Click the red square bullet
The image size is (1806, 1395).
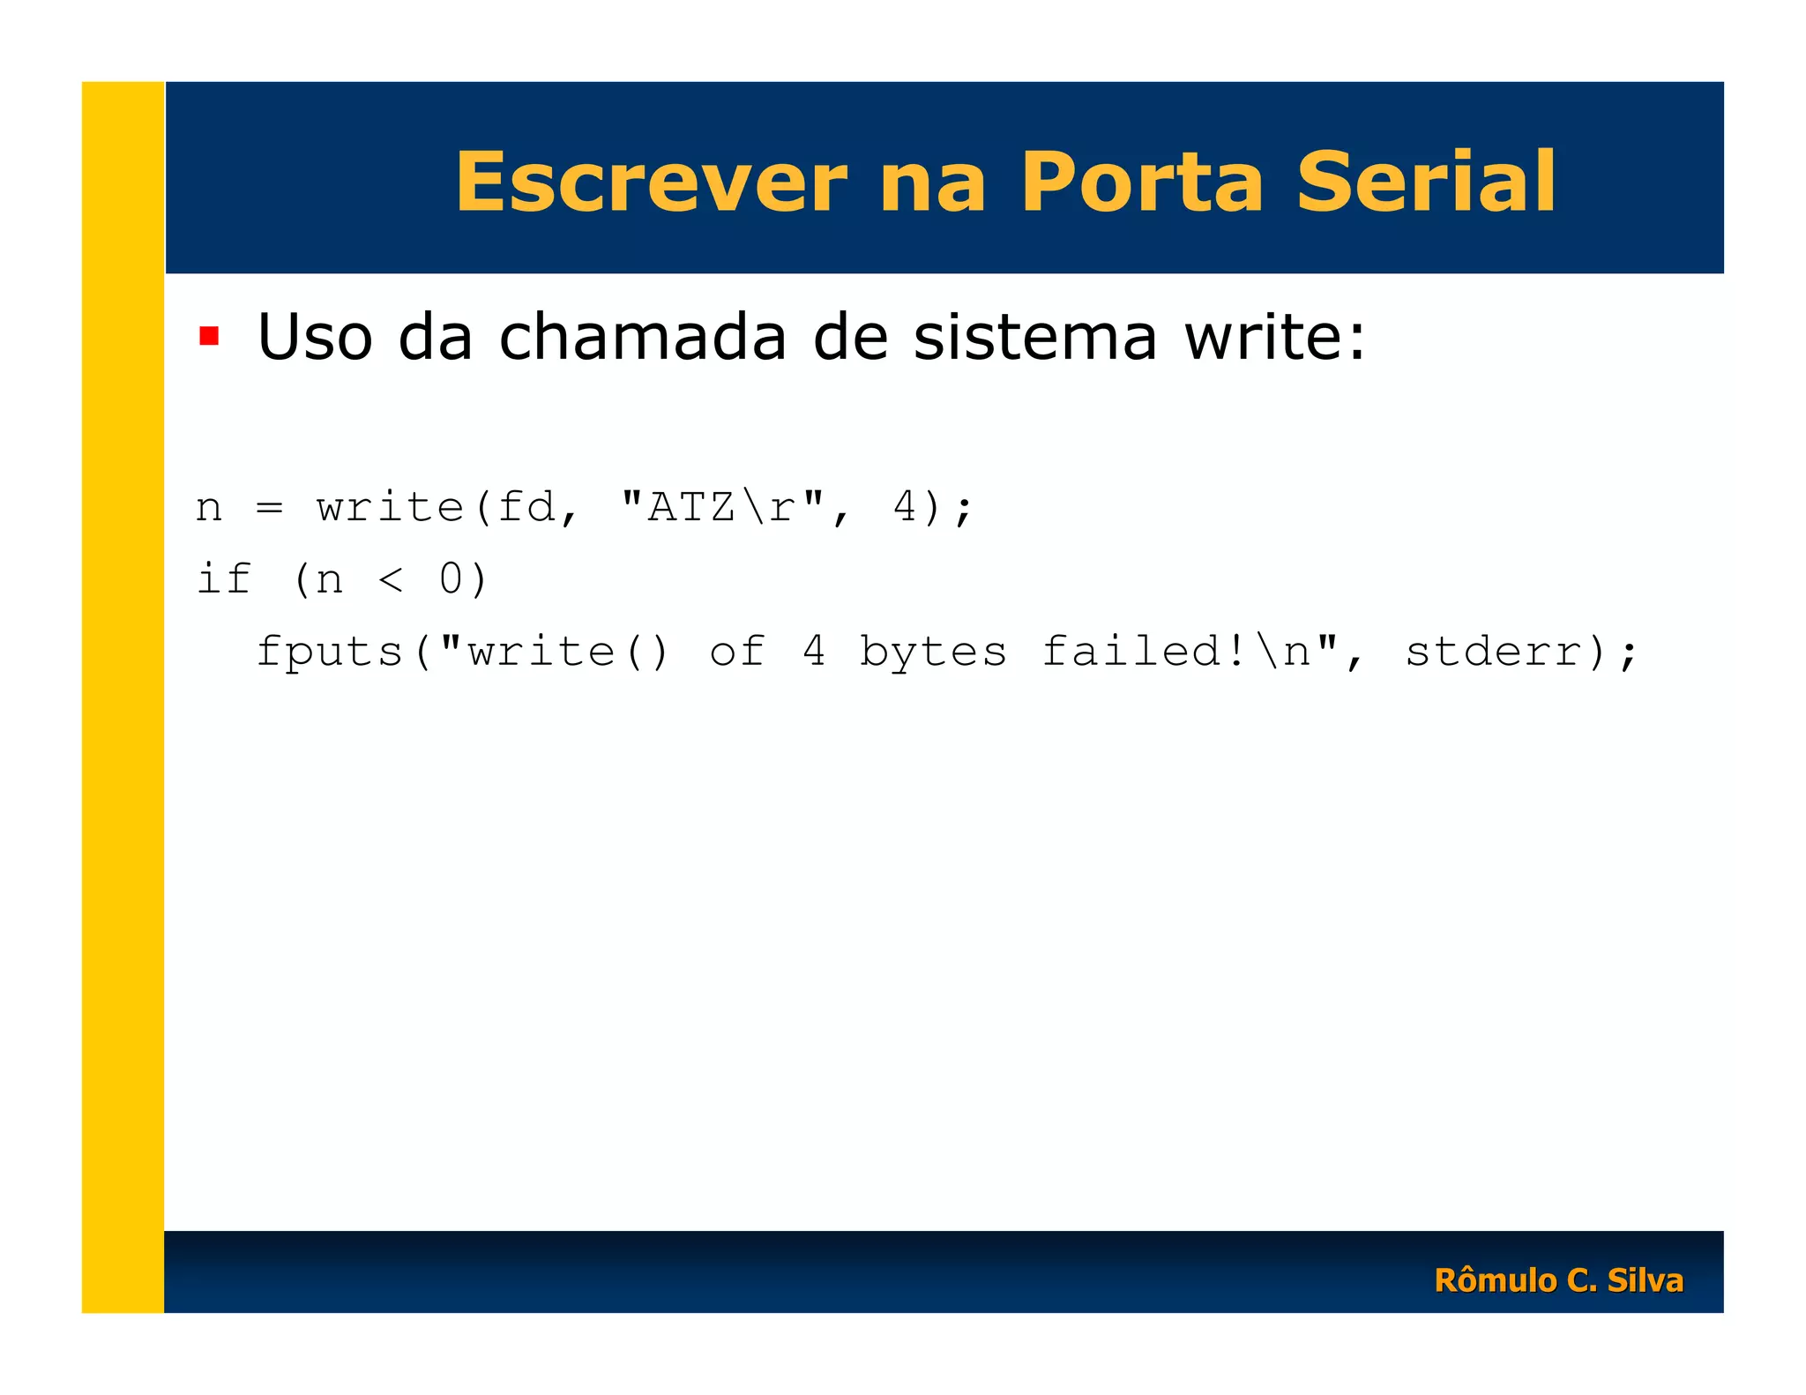(x=209, y=336)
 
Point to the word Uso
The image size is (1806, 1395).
(x=315, y=338)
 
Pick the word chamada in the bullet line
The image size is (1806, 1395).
(x=642, y=338)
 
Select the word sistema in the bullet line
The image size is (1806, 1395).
(x=1034, y=338)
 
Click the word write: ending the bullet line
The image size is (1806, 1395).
(x=1275, y=338)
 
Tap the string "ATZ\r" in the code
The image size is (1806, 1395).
(x=722, y=507)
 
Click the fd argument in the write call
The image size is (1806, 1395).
(x=526, y=507)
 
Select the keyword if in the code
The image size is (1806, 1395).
(x=224, y=579)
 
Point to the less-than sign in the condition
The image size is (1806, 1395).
(x=391, y=579)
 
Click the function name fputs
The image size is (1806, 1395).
(x=330, y=652)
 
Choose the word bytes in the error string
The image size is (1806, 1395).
(x=933, y=652)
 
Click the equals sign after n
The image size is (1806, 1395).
(x=269, y=507)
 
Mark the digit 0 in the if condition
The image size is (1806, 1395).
(x=451, y=579)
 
